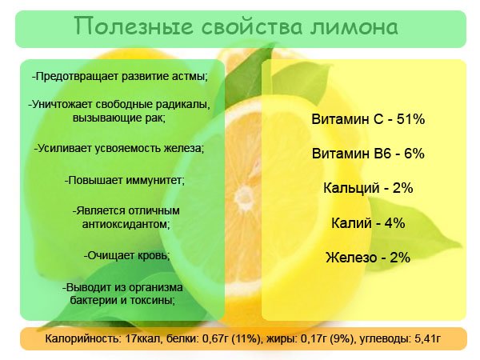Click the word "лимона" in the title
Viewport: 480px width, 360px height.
(354, 26)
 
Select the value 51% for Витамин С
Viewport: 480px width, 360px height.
(410, 118)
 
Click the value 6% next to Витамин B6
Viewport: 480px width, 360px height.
(414, 153)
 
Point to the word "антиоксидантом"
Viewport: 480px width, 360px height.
(126, 224)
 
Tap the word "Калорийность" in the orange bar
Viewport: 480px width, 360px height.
(81, 339)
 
